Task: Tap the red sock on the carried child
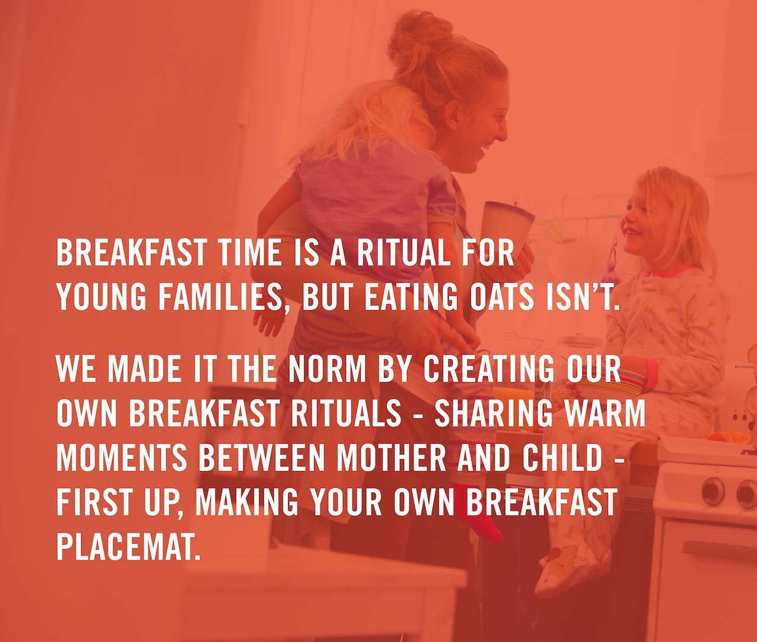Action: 476,513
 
